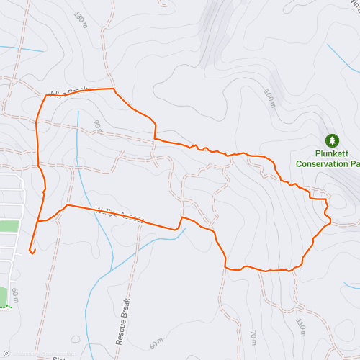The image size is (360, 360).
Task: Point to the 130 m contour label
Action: [79, 17]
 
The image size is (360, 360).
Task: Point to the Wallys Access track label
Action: [119, 215]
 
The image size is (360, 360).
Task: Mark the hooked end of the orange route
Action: [32, 251]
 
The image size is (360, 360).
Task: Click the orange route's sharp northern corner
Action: [114, 89]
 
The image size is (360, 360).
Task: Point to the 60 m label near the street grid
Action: [16, 293]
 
